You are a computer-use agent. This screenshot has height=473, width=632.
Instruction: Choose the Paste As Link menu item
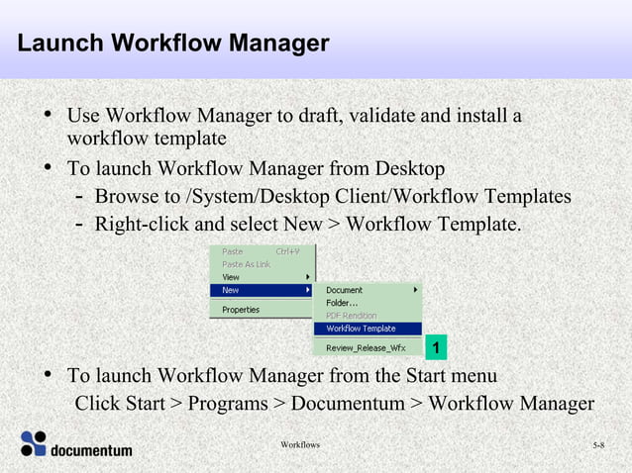247,264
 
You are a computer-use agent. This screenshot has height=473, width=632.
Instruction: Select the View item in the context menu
232,277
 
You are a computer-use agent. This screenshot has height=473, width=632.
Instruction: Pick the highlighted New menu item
231,290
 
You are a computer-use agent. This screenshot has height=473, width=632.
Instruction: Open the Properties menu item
241,310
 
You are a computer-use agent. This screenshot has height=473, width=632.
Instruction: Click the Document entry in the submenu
345,290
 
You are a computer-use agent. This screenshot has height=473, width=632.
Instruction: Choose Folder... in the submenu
343,303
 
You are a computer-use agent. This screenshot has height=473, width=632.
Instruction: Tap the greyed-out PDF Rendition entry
352,316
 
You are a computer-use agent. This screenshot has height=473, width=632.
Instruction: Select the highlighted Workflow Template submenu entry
361,329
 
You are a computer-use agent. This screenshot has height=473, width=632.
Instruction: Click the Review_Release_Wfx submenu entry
366,347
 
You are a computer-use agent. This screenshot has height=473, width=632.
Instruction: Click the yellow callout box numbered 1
436,347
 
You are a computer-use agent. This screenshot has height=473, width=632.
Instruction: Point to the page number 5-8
599,446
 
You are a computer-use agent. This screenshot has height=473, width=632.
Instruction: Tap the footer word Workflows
300,445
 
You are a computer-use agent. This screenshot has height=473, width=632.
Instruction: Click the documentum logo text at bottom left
91,450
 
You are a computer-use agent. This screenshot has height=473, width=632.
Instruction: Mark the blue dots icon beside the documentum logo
34,443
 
